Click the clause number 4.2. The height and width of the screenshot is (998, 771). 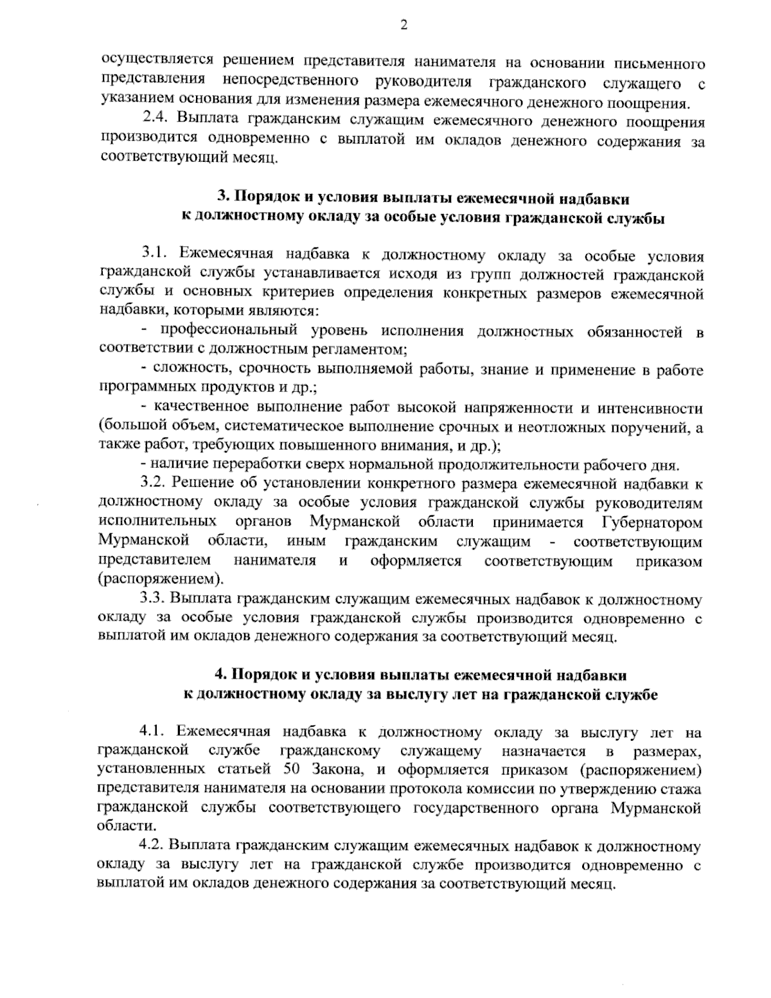point(154,845)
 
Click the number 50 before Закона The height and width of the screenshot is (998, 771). point(291,770)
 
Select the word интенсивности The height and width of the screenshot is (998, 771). point(650,408)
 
